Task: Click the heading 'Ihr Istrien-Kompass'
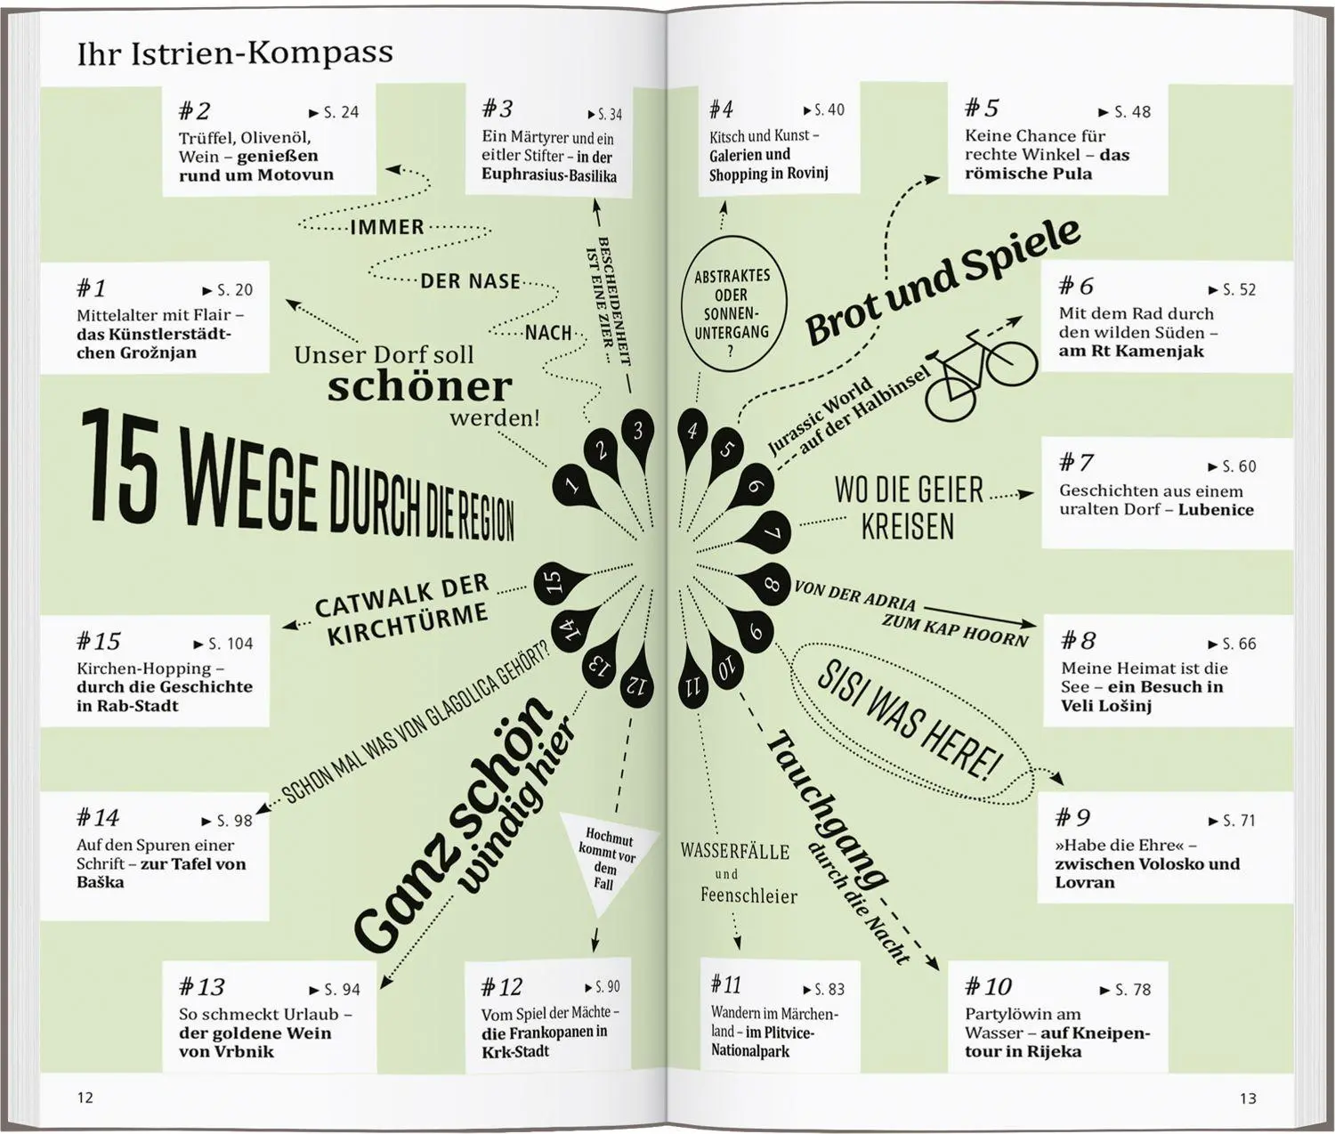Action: (234, 53)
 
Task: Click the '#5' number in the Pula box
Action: (982, 108)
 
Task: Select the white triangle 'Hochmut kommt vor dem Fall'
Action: (606, 863)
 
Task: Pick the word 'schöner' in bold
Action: (420, 387)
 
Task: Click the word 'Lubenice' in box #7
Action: (1216, 509)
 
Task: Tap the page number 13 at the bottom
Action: (1248, 1098)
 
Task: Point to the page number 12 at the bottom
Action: (85, 1098)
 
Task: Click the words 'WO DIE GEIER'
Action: (909, 490)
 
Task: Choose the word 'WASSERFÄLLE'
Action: (735, 852)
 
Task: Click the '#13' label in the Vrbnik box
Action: (201, 987)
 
